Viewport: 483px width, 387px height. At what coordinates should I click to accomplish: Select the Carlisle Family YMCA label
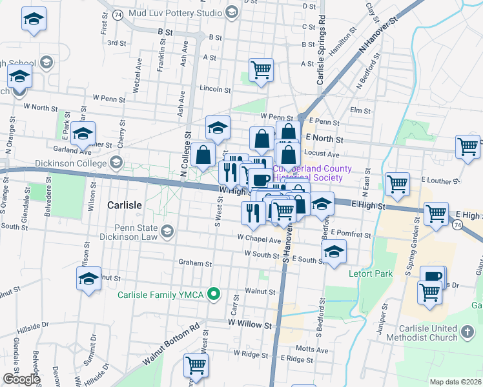(x=160, y=295)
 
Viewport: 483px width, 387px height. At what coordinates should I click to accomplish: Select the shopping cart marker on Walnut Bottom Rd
(x=195, y=365)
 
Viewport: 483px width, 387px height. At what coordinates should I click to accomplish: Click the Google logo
(x=21, y=379)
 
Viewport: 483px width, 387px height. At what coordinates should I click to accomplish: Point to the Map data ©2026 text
(x=455, y=382)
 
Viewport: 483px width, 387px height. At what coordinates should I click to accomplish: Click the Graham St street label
(x=196, y=264)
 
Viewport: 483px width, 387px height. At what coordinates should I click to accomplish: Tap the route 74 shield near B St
(x=117, y=14)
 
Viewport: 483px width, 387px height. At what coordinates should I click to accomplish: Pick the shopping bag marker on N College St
(x=203, y=155)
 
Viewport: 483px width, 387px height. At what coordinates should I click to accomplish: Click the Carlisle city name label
(x=122, y=204)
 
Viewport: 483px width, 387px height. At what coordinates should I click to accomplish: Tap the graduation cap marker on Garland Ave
(x=83, y=134)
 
